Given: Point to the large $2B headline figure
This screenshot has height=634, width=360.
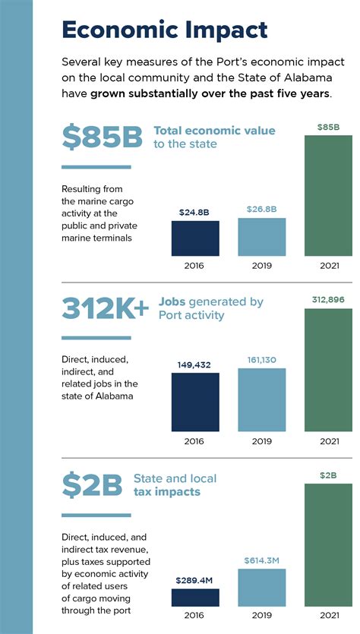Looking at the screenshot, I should click(91, 487).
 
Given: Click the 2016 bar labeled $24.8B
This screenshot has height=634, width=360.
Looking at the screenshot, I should click(195, 238).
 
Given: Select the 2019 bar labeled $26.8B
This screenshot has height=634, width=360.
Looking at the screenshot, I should click(261, 237).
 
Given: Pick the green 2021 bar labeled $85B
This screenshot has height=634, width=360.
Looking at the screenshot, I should click(328, 195).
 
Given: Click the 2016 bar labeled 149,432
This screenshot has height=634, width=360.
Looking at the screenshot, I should click(195, 402).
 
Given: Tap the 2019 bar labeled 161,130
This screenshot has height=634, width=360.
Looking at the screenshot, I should click(261, 400).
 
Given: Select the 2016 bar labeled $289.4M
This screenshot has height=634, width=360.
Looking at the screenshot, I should click(195, 598).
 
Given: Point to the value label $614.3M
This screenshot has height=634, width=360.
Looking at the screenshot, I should click(261, 560).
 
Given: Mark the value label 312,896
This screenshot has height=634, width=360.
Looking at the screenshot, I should click(328, 300).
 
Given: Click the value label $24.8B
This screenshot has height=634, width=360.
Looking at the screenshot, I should click(195, 213).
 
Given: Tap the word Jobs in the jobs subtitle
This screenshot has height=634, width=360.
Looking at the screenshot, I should click(172, 301).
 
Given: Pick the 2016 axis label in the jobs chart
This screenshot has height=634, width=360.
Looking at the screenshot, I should click(195, 441).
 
